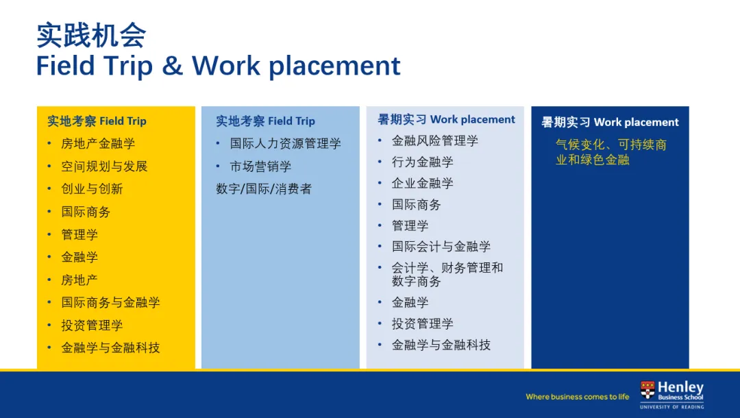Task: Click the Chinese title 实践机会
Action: pyautogui.click(x=91, y=36)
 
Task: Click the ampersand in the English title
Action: pyautogui.click(x=172, y=66)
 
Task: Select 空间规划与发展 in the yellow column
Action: pyautogui.click(x=104, y=166)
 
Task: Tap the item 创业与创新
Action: pyautogui.click(x=92, y=188)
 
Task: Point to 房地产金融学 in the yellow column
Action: pyautogui.click(x=98, y=143)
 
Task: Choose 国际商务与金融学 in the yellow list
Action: pyautogui.click(x=110, y=302)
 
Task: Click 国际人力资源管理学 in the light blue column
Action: pyautogui.click(x=285, y=143)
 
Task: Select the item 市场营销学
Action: pyautogui.click(x=260, y=166)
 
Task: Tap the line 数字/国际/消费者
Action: pyautogui.click(x=264, y=188)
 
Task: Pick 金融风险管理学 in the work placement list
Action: pyautogui.click(x=434, y=140)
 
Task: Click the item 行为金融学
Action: pyautogui.click(x=422, y=162)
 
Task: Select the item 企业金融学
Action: pyautogui.click(x=422, y=183)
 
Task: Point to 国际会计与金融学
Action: pyautogui.click(x=441, y=246)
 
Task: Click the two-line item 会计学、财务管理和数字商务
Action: pyautogui.click(x=447, y=275)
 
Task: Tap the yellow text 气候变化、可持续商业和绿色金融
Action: pyautogui.click(x=610, y=152)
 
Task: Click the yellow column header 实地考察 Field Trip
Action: pyautogui.click(x=97, y=121)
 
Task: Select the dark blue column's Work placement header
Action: pyautogui.click(x=610, y=122)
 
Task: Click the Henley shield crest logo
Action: pyautogui.click(x=647, y=390)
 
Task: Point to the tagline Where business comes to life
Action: pyautogui.click(x=577, y=397)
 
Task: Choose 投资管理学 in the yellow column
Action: pyautogui.click(x=92, y=325)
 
